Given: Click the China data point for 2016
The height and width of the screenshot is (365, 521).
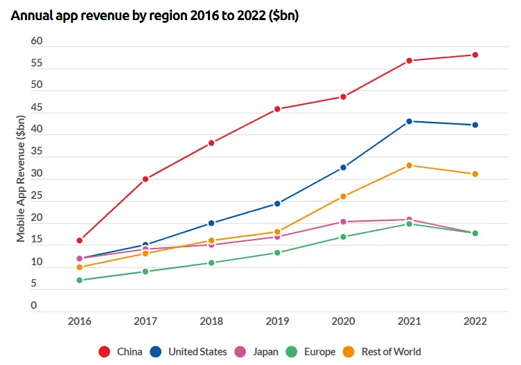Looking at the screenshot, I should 80,240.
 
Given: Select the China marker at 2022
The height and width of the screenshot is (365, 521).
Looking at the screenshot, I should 475,55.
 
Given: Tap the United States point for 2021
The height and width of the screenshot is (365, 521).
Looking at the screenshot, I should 409,121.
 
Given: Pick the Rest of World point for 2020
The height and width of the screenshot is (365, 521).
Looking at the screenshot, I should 344,197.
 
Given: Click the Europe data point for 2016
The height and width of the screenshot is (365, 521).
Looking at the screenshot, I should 80,281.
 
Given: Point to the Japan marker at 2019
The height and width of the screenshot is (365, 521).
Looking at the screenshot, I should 277,237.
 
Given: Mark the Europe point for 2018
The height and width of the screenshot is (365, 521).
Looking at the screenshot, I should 211,263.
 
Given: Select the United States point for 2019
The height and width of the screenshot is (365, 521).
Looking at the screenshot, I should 277,204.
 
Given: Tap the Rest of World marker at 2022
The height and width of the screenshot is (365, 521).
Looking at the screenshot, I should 475,174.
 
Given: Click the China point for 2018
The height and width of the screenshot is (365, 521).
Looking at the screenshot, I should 211,143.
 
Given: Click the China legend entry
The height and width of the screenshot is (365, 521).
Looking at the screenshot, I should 121,352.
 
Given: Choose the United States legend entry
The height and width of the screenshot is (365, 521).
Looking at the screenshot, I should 188,352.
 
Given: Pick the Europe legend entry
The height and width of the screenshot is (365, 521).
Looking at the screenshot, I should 310,352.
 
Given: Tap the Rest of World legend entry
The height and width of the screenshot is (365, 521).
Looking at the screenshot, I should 382,352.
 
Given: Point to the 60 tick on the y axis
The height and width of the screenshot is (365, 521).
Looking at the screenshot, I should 37,42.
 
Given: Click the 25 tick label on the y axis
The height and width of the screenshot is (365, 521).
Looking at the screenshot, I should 37,197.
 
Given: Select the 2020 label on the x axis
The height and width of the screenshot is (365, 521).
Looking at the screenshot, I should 344,321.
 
